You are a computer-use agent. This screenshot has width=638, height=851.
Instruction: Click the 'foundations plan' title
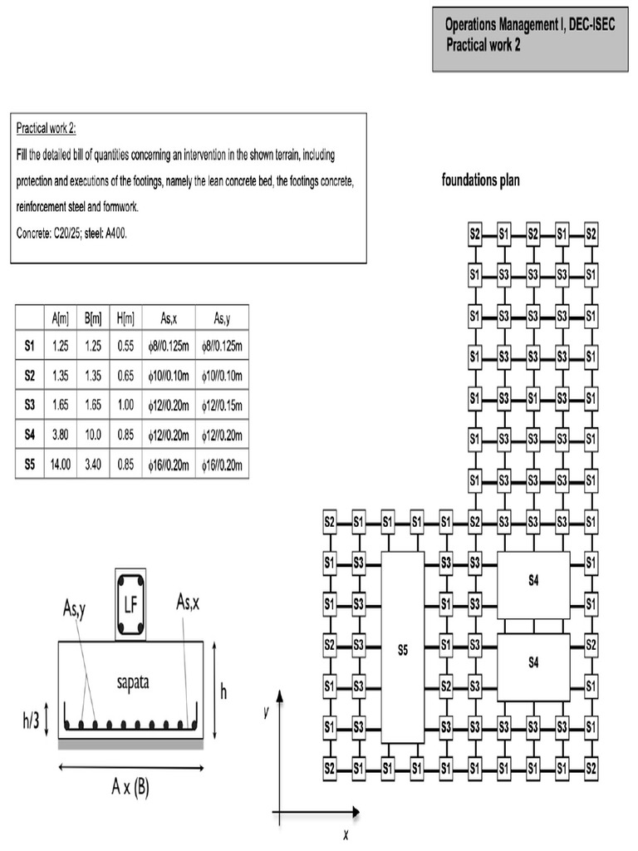(x=481, y=180)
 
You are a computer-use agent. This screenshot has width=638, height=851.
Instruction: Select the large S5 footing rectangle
(x=403, y=648)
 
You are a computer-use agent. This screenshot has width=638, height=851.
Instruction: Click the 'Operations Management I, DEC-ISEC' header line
(x=529, y=26)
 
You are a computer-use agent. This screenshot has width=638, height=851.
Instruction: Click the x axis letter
(x=345, y=834)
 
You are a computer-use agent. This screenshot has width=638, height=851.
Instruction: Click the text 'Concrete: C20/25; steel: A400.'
(x=72, y=234)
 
